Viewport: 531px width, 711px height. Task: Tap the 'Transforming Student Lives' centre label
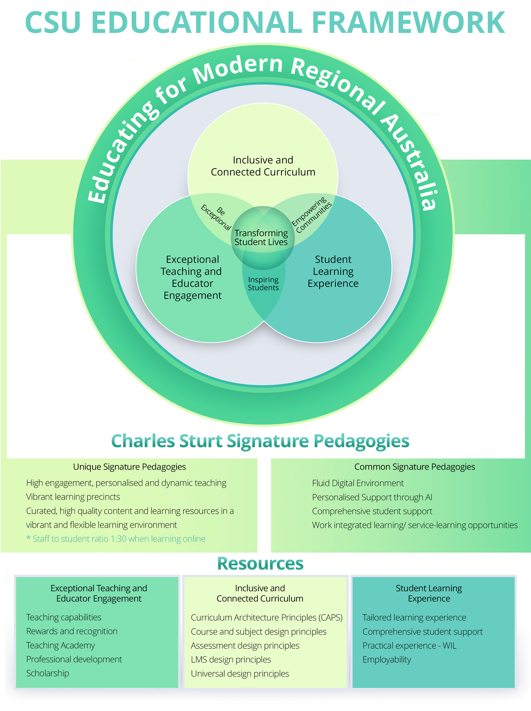tap(261, 238)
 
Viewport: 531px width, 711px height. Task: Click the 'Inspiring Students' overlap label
tap(263, 283)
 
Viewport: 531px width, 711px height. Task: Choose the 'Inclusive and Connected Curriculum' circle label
tap(263, 166)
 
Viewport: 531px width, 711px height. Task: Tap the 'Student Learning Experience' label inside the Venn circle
tap(333, 271)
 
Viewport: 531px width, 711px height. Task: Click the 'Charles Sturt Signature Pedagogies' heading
tap(260, 441)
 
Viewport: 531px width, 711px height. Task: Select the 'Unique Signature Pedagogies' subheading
tap(129, 467)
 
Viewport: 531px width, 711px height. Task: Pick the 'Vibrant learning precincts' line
tap(73, 497)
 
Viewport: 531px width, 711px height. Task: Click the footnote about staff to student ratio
tap(116, 539)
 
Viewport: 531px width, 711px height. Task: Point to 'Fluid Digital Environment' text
tap(358, 483)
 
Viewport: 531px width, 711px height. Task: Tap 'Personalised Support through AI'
tap(372, 497)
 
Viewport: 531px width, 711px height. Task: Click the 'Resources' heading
tap(260, 564)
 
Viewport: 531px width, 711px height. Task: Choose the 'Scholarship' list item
tap(48, 673)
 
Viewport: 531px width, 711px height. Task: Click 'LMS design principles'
tap(231, 660)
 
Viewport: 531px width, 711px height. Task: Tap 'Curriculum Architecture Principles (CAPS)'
tap(266, 618)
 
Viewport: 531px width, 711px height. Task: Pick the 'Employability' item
tap(387, 660)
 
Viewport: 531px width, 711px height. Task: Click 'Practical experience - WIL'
tap(409, 645)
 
